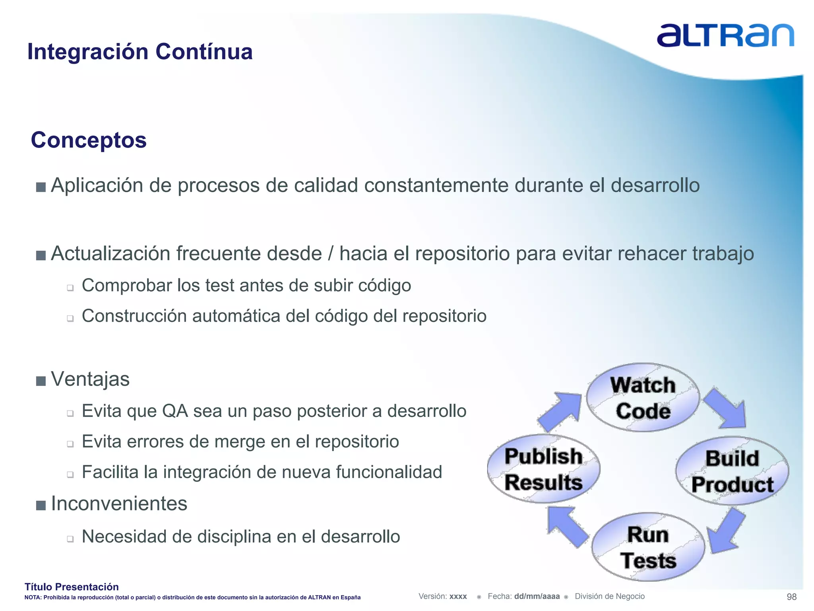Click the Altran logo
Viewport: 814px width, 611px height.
click(725, 35)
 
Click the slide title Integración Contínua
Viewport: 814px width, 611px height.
click(140, 52)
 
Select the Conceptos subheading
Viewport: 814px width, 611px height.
click(89, 140)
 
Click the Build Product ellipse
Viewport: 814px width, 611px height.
click(732, 471)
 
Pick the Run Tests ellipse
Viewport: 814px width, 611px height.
click(648, 547)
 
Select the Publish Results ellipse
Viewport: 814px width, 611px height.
click(543, 469)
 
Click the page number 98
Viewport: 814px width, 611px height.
click(791, 597)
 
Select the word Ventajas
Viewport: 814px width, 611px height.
click(90, 379)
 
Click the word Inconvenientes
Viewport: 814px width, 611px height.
click(119, 504)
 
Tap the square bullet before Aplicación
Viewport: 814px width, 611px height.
click(41, 187)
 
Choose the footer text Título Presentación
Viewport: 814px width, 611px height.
click(72, 587)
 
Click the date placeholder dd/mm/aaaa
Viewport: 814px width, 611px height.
click(537, 596)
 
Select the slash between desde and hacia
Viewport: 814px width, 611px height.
click(330, 254)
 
